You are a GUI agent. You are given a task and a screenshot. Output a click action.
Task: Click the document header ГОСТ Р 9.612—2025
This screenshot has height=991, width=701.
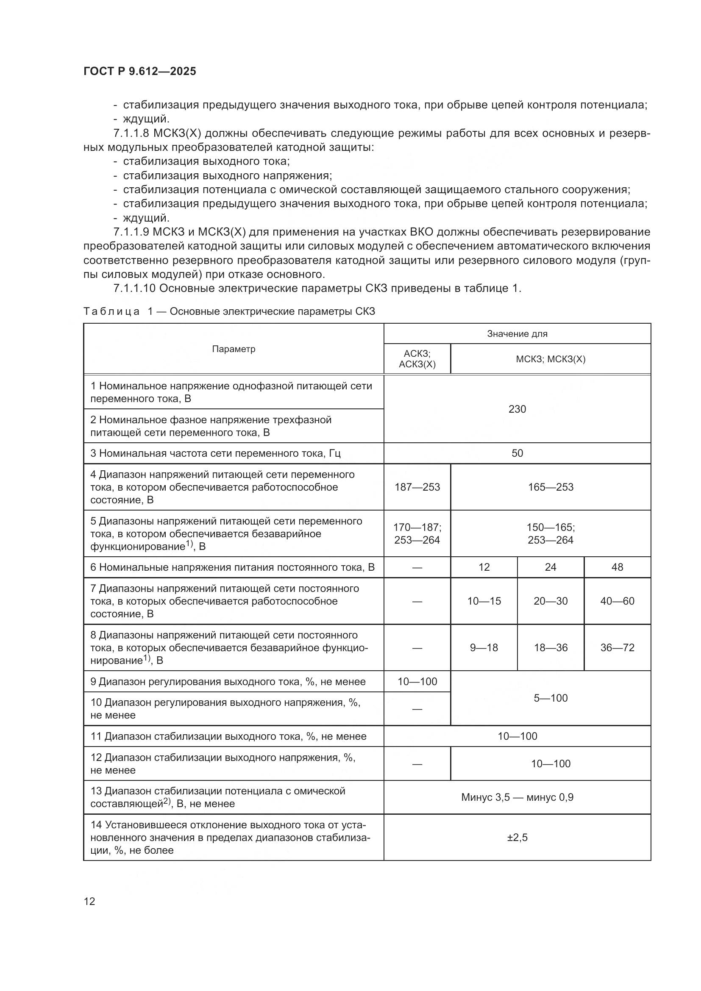pyautogui.click(x=139, y=71)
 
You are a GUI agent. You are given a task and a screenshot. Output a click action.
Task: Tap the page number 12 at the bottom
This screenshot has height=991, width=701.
pyautogui.click(x=89, y=901)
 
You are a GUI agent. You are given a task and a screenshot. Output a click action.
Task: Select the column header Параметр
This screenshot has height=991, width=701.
pyautogui.click(x=234, y=349)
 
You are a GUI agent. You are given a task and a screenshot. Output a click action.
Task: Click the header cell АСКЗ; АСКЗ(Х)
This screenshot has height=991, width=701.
pyautogui.click(x=417, y=359)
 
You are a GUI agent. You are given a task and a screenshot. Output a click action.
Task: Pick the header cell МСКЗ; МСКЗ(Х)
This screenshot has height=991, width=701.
pyautogui.click(x=551, y=359)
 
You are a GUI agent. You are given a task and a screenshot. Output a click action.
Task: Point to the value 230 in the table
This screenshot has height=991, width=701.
pyautogui.click(x=517, y=409)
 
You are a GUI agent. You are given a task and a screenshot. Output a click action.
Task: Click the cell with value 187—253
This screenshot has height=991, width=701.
pyautogui.click(x=417, y=487)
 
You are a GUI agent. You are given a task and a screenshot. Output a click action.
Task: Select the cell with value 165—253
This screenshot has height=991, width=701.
pyautogui.click(x=551, y=487)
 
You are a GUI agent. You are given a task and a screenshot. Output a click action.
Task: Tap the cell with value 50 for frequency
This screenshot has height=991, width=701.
pyautogui.click(x=517, y=453)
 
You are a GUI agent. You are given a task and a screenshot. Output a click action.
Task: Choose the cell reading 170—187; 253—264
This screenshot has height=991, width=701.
pyautogui.click(x=417, y=533)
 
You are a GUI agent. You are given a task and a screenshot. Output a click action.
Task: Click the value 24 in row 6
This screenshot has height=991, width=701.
pyautogui.click(x=551, y=567)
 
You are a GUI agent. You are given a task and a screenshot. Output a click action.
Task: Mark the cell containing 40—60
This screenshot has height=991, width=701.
pyautogui.click(x=617, y=601)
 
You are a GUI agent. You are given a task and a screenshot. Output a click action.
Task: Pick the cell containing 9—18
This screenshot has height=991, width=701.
pyautogui.click(x=484, y=647)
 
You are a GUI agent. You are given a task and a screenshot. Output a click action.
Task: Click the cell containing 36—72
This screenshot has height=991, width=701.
pyautogui.click(x=617, y=647)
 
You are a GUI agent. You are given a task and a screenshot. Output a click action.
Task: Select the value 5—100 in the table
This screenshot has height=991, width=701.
pyautogui.click(x=551, y=698)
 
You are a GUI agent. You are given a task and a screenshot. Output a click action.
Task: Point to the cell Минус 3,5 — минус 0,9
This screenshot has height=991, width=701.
pyautogui.click(x=517, y=797)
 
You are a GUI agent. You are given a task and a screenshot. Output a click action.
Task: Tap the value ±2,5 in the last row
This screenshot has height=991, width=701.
pyautogui.click(x=517, y=838)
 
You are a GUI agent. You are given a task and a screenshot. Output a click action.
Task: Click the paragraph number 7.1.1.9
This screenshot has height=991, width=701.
pyautogui.click(x=131, y=232)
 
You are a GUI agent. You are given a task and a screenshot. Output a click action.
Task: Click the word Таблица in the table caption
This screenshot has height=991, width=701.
pyautogui.click(x=111, y=311)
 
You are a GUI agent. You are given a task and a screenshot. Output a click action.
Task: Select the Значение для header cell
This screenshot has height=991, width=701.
pyautogui.click(x=517, y=333)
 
